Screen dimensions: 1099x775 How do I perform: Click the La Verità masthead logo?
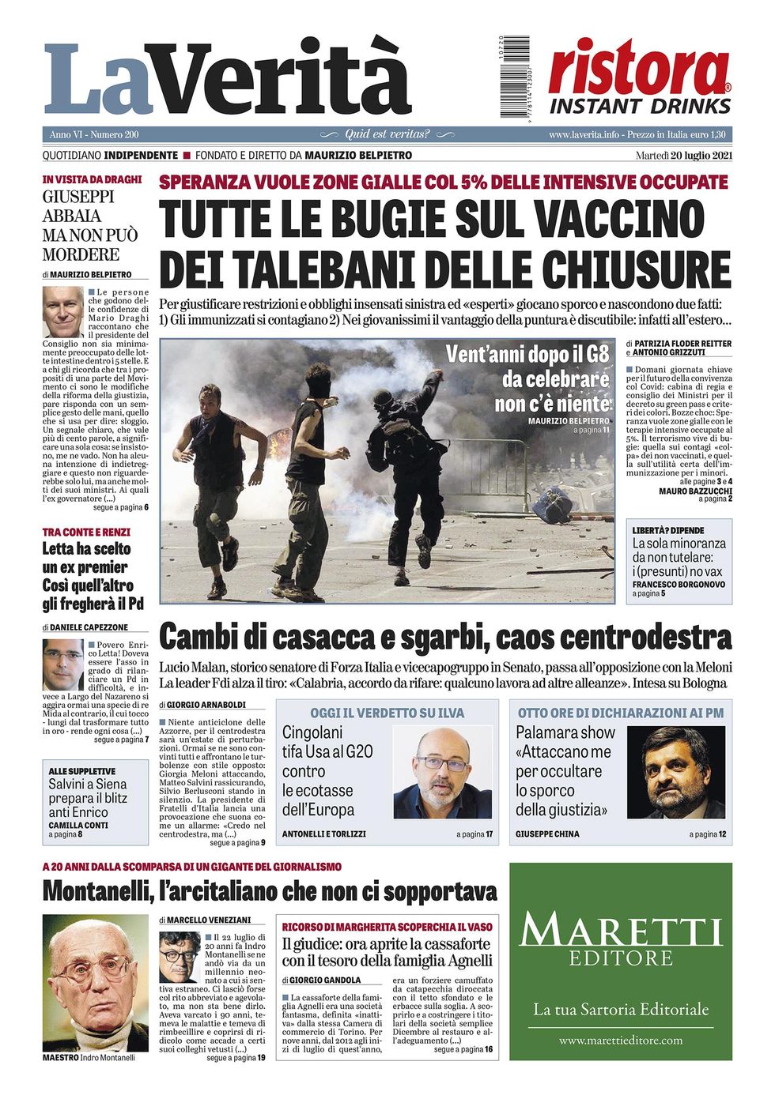(x=228, y=79)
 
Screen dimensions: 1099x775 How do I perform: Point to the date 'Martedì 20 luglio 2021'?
(x=683, y=156)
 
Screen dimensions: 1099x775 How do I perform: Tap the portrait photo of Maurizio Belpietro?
(x=62, y=311)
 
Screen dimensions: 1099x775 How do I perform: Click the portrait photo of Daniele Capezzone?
(x=62, y=664)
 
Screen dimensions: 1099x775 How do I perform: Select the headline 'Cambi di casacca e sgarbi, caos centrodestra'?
(x=445, y=636)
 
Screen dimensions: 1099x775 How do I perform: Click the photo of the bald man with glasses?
(x=442, y=773)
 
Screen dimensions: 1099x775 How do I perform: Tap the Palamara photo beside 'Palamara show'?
(x=675, y=772)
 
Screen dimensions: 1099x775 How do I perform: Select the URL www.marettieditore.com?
(x=620, y=1041)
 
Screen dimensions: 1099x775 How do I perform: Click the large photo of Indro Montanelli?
(x=95, y=983)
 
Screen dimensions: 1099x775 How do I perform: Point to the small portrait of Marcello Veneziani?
(x=179, y=957)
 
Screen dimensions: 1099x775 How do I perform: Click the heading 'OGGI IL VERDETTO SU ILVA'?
(x=387, y=713)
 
